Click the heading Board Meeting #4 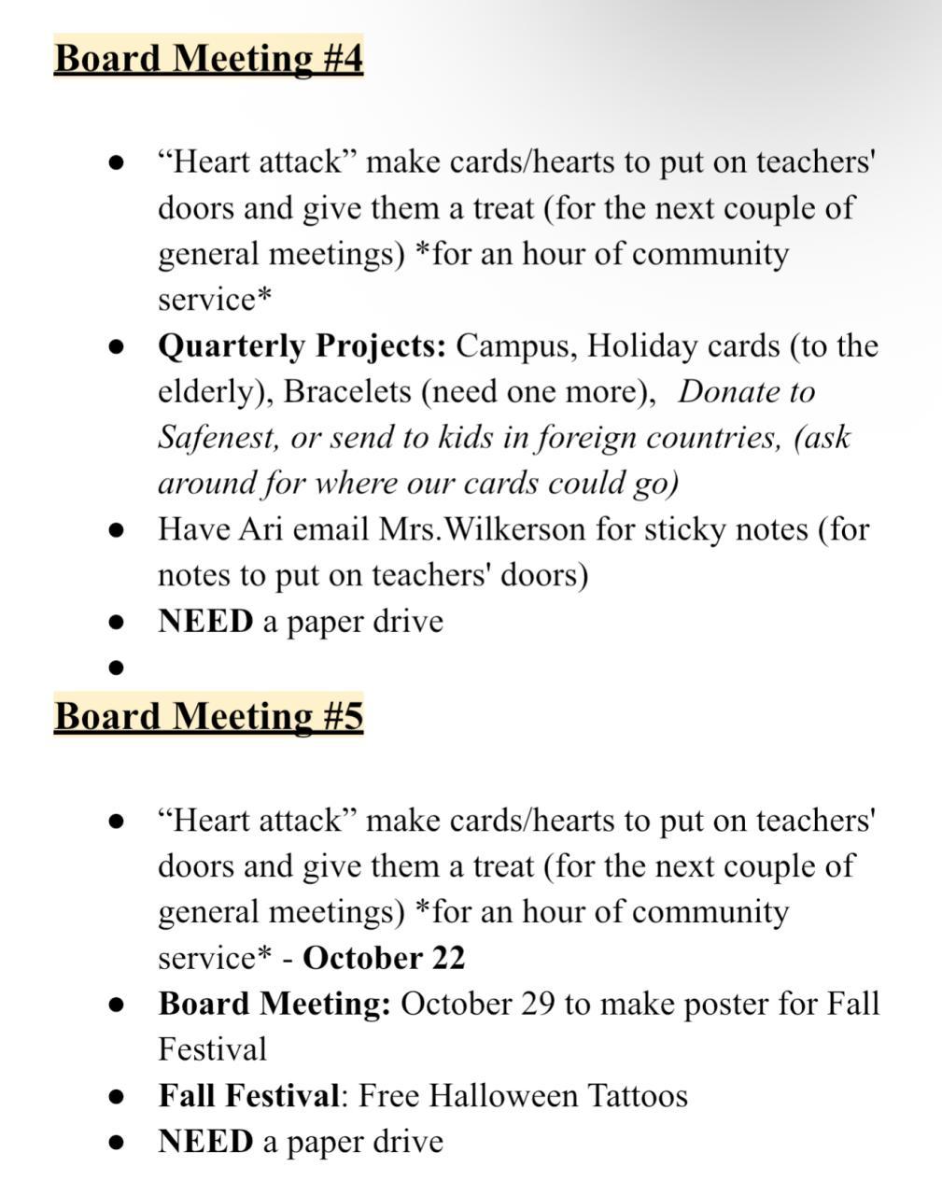pyautogui.click(x=208, y=58)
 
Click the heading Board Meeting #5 pyautogui.click(x=208, y=716)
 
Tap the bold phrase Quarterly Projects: pyautogui.click(x=302, y=346)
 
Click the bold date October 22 pyautogui.click(x=384, y=958)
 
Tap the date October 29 pyautogui.click(x=478, y=1004)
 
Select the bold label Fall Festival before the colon pyautogui.click(x=248, y=1095)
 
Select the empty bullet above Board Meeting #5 pyautogui.click(x=117, y=668)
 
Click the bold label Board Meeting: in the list pyautogui.click(x=274, y=1004)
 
